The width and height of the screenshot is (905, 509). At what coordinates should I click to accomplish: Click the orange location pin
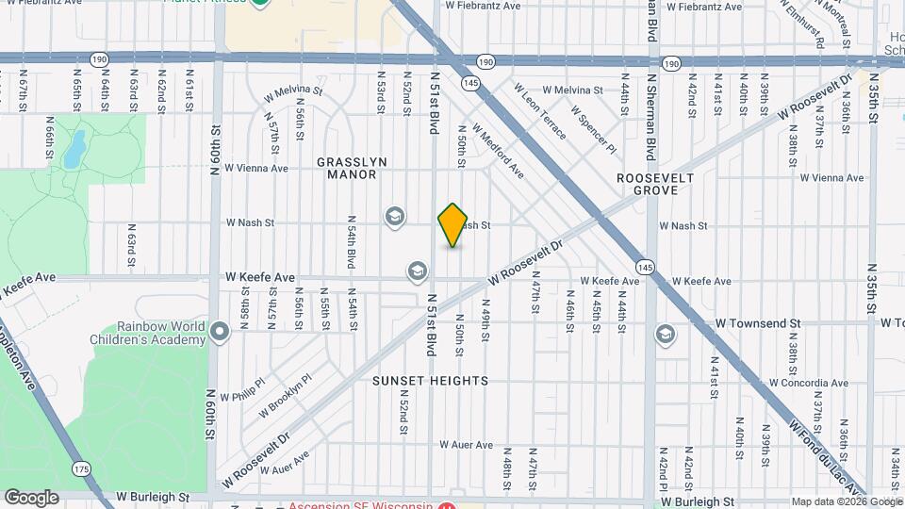pyautogui.click(x=452, y=225)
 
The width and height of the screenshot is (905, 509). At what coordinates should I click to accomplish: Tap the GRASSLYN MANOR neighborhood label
pyautogui.click(x=352, y=168)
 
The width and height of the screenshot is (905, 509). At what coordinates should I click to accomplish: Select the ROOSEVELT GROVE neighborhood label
pyautogui.click(x=655, y=184)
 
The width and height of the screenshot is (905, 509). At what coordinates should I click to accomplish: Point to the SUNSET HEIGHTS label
pyautogui.click(x=430, y=381)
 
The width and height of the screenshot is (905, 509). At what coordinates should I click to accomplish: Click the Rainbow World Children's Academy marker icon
pyautogui.click(x=221, y=332)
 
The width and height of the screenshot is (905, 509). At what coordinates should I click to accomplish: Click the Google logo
pyautogui.click(x=31, y=498)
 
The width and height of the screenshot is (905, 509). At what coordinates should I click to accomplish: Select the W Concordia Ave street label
pyautogui.click(x=809, y=384)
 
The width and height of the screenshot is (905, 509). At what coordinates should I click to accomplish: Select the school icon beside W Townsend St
pyautogui.click(x=666, y=335)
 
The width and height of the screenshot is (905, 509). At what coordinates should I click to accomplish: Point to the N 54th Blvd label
pyautogui.click(x=351, y=239)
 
